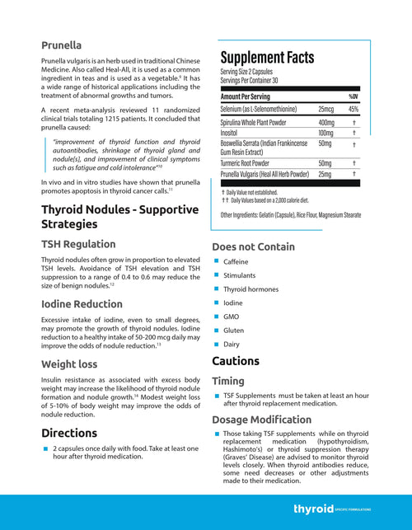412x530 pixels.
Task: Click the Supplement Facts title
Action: click(267, 58)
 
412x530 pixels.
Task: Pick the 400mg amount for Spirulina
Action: click(326, 121)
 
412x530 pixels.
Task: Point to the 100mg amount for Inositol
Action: click(325, 132)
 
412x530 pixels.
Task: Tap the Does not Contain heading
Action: click(253, 246)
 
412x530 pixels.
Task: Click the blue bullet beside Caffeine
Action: click(216, 262)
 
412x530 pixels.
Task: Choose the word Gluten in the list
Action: click(234, 330)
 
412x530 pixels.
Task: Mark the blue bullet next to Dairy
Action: click(216, 344)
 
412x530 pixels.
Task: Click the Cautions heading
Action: click(236, 361)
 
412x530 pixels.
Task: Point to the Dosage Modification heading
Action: click(261, 420)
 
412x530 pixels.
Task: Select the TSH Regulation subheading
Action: click(78, 244)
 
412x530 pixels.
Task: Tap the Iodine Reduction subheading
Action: click(82, 303)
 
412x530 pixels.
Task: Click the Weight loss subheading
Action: click(70, 363)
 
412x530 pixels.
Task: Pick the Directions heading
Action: click(69, 433)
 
